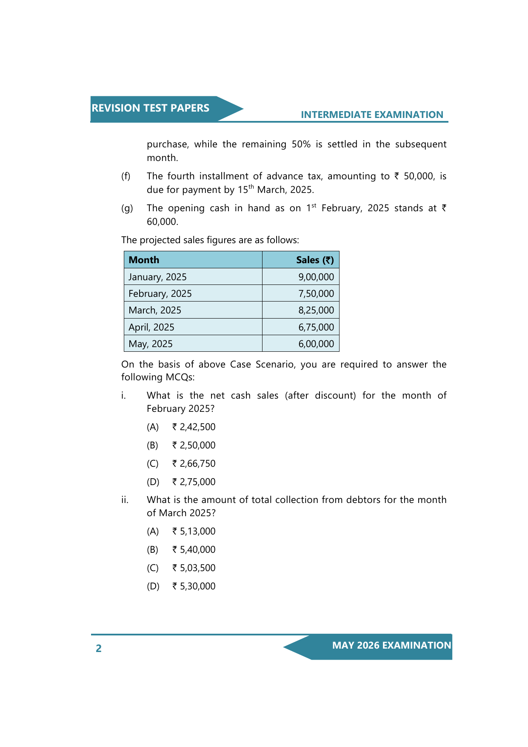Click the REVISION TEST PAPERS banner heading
coord(150,108)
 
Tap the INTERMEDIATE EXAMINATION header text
coord(372,115)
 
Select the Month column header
coord(144,260)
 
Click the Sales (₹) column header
coord(315,260)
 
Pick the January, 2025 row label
coord(157,277)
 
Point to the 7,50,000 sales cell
coord(316,293)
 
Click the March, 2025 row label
coord(155,310)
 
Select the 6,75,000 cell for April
coord(316,327)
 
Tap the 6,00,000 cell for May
coord(316,344)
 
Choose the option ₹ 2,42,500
coord(194,427)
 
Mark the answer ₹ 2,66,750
coord(194,463)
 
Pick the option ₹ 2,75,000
coord(194,482)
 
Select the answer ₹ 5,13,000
coord(194,531)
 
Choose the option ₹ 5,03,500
coord(194,568)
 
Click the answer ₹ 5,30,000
coord(194,586)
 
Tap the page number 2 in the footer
coord(99,648)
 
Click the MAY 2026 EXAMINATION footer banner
coord(391,645)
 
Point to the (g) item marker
coord(127,208)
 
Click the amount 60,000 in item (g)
coord(162,221)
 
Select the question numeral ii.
coord(125,500)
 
